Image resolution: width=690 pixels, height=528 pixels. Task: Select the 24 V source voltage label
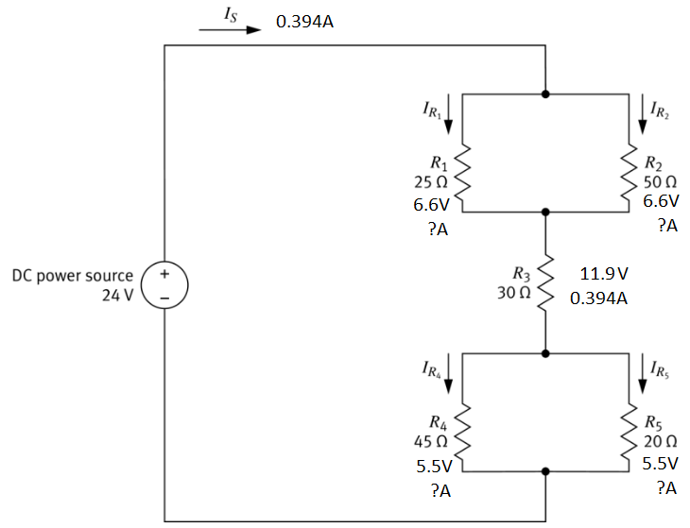(120, 294)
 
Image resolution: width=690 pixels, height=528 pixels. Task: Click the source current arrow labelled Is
(229, 29)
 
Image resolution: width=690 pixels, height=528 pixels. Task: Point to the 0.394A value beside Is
(304, 21)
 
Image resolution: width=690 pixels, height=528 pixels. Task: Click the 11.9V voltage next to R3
(605, 274)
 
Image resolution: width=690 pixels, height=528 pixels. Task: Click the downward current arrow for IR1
(449, 112)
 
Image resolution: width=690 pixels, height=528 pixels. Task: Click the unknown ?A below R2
(666, 227)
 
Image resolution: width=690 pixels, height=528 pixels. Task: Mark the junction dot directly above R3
(545, 213)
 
